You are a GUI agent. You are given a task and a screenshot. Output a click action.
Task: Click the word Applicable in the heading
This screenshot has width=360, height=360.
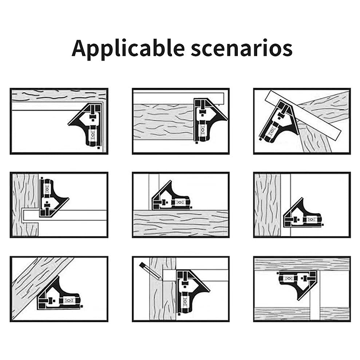(x=128, y=49)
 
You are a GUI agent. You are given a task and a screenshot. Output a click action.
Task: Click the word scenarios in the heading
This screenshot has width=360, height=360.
(x=242, y=49)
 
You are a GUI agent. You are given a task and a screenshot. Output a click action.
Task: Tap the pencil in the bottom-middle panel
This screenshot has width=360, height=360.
(x=150, y=270)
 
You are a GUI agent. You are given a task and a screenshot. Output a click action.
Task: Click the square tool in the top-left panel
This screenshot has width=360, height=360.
(x=87, y=125)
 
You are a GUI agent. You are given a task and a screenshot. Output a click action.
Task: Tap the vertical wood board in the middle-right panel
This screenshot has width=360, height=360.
(x=268, y=205)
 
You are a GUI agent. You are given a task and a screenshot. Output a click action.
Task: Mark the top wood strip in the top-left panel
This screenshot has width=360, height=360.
(x=59, y=96)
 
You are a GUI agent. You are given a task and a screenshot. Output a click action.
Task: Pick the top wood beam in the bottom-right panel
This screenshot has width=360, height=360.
(x=302, y=264)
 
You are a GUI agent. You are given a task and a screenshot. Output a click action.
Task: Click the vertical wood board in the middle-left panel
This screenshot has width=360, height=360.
(x=25, y=205)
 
